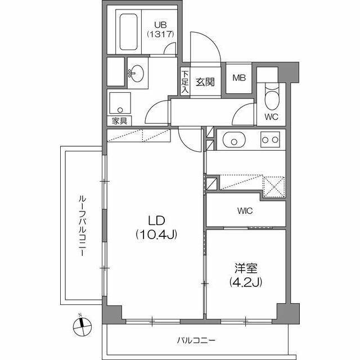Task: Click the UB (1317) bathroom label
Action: (x=161, y=29)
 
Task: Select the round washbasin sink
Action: (x=137, y=73)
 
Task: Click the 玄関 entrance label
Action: (x=205, y=82)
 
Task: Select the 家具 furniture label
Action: (x=119, y=121)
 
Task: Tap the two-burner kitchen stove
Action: (x=271, y=139)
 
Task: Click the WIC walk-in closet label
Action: (x=245, y=211)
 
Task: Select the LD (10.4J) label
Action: (x=156, y=227)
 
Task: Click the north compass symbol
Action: (x=82, y=324)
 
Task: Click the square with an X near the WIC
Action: (x=274, y=187)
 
